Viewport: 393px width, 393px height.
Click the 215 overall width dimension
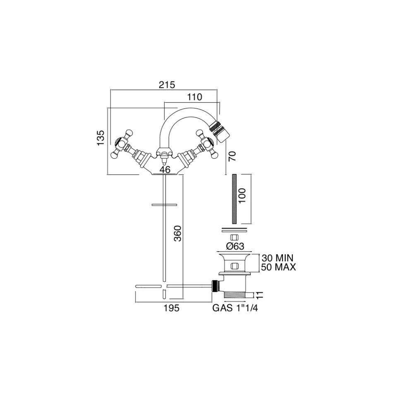(167, 85)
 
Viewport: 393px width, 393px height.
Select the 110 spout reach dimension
(195, 97)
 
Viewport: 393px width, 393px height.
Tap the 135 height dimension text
(101, 138)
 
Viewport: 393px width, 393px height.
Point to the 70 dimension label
(232, 156)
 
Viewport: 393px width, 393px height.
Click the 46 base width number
(165, 170)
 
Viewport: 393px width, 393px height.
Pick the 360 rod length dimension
(178, 233)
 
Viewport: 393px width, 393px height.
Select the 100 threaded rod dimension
(242, 196)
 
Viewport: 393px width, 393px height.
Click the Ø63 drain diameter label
(235, 246)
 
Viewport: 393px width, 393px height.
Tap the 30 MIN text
(277, 258)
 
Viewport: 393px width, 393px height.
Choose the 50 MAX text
(278, 267)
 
